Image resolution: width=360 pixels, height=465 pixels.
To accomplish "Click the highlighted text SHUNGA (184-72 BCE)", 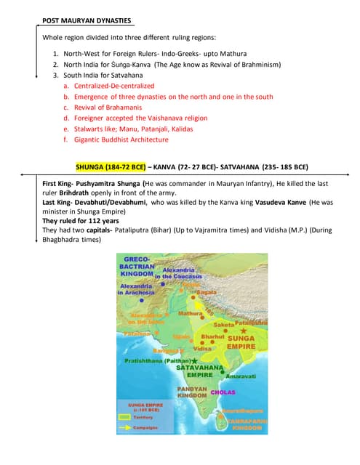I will pyautogui.click(x=111, y=166).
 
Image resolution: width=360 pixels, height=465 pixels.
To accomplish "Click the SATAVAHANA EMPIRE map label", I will pyautogui.click(x=199, y=371).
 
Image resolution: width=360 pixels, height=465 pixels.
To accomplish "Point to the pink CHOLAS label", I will pyautogui.click(x=223, y=392).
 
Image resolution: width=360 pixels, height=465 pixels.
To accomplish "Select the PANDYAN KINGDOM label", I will pyautogui.click(x=192, y=393).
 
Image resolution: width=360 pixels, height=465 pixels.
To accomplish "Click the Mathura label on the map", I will pyautogui.click(x=191, y=314).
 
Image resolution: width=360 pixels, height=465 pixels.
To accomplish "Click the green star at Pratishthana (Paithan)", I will pyautogui.click(x=194, y=360).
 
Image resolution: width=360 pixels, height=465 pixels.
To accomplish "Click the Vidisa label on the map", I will pyautogui.click(x=202, y=348).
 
